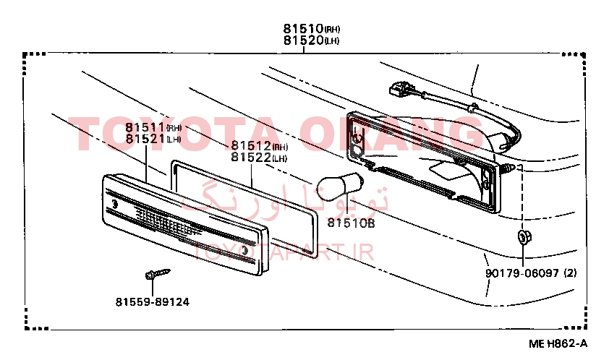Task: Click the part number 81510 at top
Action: coord(303,28)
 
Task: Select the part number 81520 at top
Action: coord(303,40)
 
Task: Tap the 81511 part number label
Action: coord(145,127)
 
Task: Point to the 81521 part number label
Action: coord(145,139)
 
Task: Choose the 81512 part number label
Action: coord(251,145)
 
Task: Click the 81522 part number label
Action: coord(251,157)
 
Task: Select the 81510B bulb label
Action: coord(351,223)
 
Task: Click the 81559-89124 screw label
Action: coord(153,302)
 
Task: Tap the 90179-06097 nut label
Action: coord(522,273)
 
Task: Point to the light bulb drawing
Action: coord(340,184)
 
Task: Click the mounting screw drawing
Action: coord(158,273)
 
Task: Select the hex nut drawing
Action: coord(524,237)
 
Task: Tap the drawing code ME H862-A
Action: coord(558,343)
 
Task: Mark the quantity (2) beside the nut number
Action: coord(570,273)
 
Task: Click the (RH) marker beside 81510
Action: coord(332,30)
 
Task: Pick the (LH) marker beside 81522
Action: coord(279,158)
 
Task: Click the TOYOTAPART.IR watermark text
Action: coord(284,252)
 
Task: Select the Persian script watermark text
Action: coord(285,197)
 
